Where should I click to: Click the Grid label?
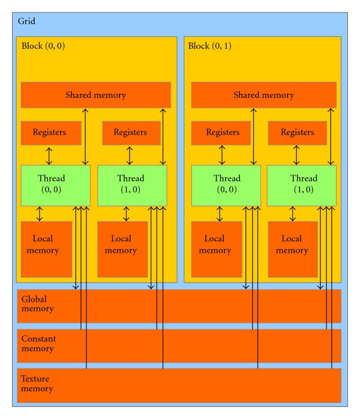pos(26,21)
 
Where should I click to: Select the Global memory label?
pos(37,304)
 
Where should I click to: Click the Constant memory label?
pos(38,343)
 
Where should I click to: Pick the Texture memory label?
pos(37,384)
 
